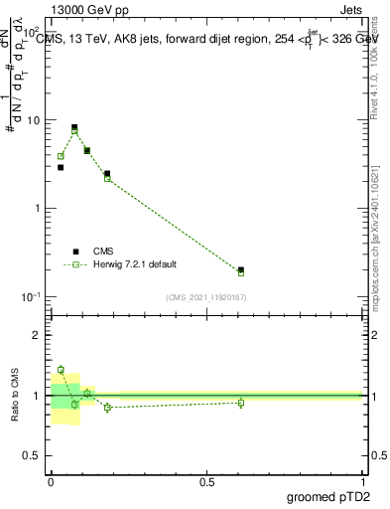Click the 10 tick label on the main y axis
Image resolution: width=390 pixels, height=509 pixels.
pyautogui.click(x=34, y=120)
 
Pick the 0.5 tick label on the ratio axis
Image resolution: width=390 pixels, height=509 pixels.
pyautogui.click(x=34, y=455)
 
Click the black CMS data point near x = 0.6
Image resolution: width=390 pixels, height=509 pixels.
pyautogui.click(x=241, y=269)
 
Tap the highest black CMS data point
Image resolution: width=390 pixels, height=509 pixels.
pyautogui.click(x=74, y=127)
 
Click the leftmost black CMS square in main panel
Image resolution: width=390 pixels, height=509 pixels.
pyautogui.click(x=61, y=167)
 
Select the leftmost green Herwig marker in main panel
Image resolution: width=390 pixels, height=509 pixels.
pyautogui.click(x=61, y=156)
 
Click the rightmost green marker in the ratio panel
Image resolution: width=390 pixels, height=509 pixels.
pyautogui.click(x=241, y=403)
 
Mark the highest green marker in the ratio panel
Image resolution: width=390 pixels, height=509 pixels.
pyautogui.click(x=61, y=370)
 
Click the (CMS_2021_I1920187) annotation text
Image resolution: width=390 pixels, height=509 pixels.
pyautogui.click(x=206, y=297)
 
